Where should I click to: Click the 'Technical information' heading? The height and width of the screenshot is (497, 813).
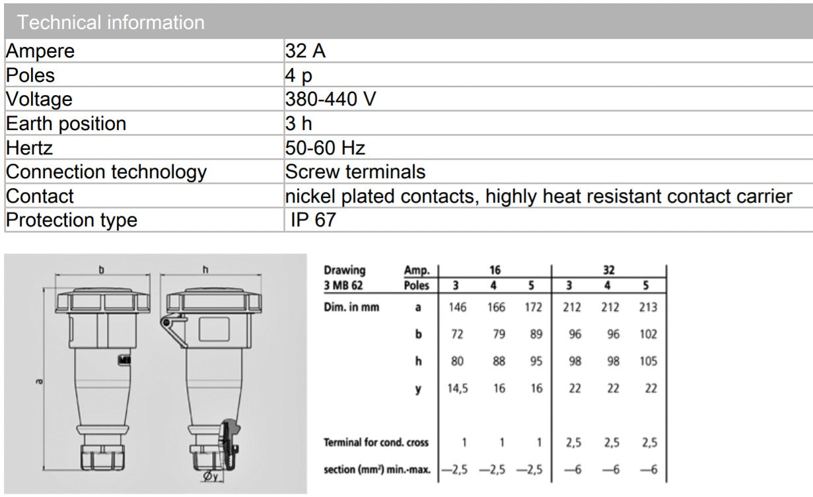(111, 22)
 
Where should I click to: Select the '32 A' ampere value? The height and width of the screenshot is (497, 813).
(305, 51)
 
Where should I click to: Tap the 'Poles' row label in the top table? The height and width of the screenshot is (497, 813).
(30, 75)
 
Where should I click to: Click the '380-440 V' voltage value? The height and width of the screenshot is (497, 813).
(330, 100)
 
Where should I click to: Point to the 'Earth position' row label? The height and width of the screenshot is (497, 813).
(66, 123)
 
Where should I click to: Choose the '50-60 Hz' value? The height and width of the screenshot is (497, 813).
(325, 148)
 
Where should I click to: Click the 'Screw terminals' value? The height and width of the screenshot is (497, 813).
(355, 172)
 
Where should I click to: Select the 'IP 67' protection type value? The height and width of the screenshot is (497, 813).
(313, 220)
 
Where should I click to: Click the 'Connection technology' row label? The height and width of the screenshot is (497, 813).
(106, 172)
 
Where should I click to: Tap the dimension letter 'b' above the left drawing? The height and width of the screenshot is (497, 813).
(102, 270)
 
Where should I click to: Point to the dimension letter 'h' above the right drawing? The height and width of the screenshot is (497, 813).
(205, 270)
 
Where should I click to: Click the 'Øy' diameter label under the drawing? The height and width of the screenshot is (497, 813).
(211, 475)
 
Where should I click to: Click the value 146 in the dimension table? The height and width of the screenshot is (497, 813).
(457, 307)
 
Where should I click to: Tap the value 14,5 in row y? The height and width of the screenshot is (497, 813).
(457, 388)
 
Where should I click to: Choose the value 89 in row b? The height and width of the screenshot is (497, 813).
(536, 334)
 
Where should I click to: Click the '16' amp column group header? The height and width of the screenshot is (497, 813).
(495, 270)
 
